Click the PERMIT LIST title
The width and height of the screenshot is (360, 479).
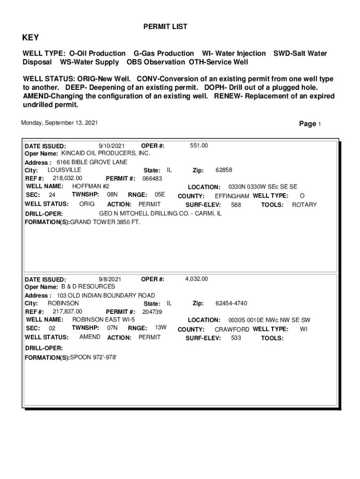(x=165, y=27)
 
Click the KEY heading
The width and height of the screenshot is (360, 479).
(x=31, y=38)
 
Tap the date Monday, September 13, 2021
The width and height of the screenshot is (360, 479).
(x=59, y=123)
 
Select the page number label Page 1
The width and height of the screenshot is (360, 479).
(x=310, y=124)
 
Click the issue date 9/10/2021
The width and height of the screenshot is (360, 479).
(x=112, y=146)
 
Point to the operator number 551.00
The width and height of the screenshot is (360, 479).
(x=199, y=146)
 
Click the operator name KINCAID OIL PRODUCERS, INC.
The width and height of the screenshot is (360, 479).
(x=106, y=153)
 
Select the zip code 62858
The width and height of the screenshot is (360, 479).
(x=224, y=170)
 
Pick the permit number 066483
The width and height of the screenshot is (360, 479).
(x=152, y=179)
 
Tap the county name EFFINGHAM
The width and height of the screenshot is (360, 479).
(x=231, y=196)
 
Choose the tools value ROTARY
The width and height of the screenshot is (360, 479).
(x=304, y=205)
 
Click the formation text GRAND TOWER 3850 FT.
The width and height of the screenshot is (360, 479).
(x=105, y=222)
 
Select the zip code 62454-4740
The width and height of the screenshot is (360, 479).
(x=231, y=304)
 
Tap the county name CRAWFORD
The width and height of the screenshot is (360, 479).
(x=232, y=329)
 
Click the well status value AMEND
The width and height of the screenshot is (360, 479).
(x=90, y=337)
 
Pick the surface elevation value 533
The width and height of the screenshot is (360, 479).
(x=236, y=338)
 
